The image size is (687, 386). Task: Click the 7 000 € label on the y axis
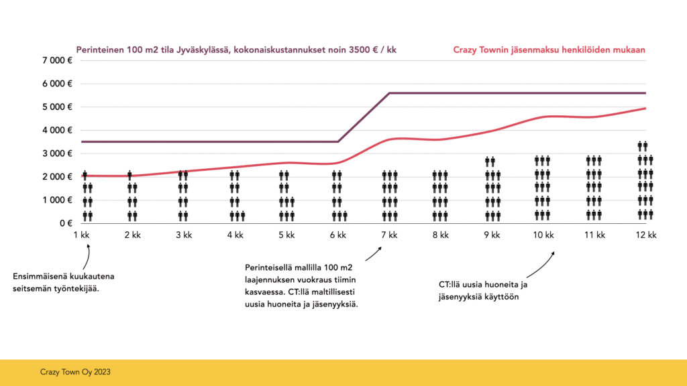[58, 61]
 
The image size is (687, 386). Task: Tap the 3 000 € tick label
[58, 153]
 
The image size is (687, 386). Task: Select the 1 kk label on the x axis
[85, 235]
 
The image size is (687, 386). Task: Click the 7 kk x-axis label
[388, 235]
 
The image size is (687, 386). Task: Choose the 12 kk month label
[645, 235]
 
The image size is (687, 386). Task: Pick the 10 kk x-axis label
[543, 235]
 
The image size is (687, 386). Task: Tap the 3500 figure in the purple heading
[352, 50]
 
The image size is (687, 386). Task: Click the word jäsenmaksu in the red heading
[539, 50]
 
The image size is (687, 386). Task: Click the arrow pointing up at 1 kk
[87, 257]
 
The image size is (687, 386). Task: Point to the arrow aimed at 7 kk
[374, 253]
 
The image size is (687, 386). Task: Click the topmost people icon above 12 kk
[642, 145]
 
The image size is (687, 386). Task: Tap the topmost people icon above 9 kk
[490, 161]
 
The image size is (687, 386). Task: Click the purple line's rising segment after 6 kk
[364, 117]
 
